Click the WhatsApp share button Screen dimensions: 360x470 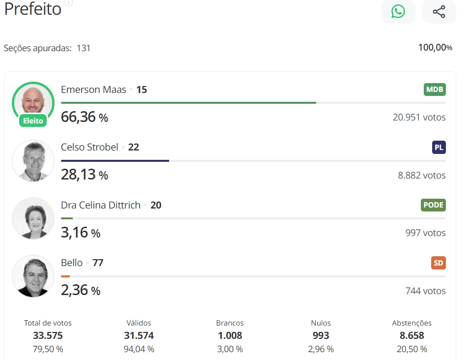398,11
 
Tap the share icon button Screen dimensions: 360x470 439,11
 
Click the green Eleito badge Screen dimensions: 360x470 33,120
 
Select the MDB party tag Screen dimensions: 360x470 435,90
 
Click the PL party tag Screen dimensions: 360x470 439,147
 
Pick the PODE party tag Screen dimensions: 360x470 433,205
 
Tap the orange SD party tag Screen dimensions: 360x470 438,263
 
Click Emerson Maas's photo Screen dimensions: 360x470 33,100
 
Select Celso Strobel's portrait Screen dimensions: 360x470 33,160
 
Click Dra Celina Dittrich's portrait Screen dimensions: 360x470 33,218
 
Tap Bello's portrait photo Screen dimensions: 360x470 33,276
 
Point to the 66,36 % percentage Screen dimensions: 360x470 84,118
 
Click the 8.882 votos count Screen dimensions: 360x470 421,175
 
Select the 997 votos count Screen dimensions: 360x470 425,233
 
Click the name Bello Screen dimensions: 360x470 72,263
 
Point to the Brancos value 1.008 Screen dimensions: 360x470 230,336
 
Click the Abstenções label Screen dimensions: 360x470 411,323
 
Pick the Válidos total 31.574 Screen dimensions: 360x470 139,336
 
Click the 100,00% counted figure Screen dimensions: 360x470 435,48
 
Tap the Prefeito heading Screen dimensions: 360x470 33,9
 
